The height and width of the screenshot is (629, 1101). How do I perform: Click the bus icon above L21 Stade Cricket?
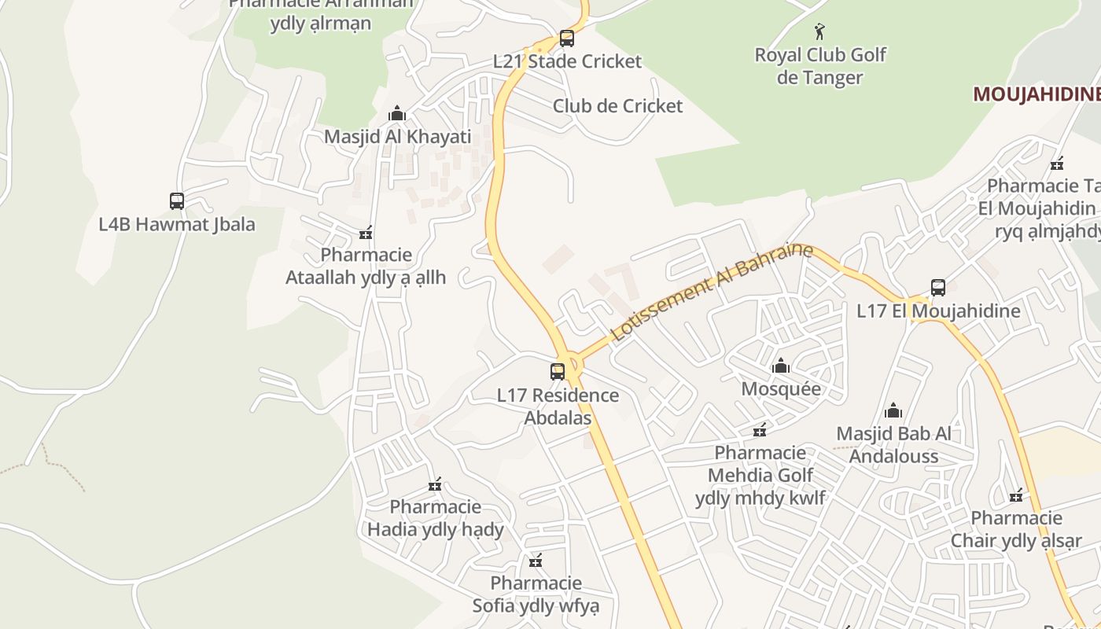(x=566, y=38)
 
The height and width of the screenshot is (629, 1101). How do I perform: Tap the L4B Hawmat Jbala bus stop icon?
(x=177, y=201)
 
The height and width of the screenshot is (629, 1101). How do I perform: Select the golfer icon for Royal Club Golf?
(x=820, y=31)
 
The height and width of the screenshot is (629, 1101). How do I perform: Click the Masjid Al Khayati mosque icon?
(x=397, y=114)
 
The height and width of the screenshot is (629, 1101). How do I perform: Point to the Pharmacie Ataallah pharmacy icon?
(x=366, y=233)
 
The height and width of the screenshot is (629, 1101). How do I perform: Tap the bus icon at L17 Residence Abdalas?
(x=558, y=371)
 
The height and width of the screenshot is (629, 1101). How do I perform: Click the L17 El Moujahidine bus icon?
(x=937, y=288)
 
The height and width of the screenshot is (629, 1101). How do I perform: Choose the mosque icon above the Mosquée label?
(x=781, y=366)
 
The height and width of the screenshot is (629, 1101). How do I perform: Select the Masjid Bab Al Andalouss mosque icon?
(x=893, y=410)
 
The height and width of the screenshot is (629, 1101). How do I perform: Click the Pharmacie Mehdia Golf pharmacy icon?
(x=760, y=430)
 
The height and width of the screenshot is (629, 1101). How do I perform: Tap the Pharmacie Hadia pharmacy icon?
(x=435, y=484)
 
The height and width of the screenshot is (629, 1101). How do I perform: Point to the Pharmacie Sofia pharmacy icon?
(x=536, y=561)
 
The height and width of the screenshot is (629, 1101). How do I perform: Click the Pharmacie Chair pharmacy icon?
(x=1016, y=495)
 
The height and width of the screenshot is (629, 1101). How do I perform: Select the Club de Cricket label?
(x=617, y=106)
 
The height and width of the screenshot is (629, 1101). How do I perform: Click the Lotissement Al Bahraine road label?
(x=711, y=292)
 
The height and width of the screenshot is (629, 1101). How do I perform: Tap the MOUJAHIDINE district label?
(x=1037, y=94)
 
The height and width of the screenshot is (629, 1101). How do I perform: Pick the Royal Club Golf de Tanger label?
(x=820, y=66)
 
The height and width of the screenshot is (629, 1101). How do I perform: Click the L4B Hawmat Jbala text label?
(x=177, y=224)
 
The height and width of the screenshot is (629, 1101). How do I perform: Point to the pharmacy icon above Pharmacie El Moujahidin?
(x=1057, y=164)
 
